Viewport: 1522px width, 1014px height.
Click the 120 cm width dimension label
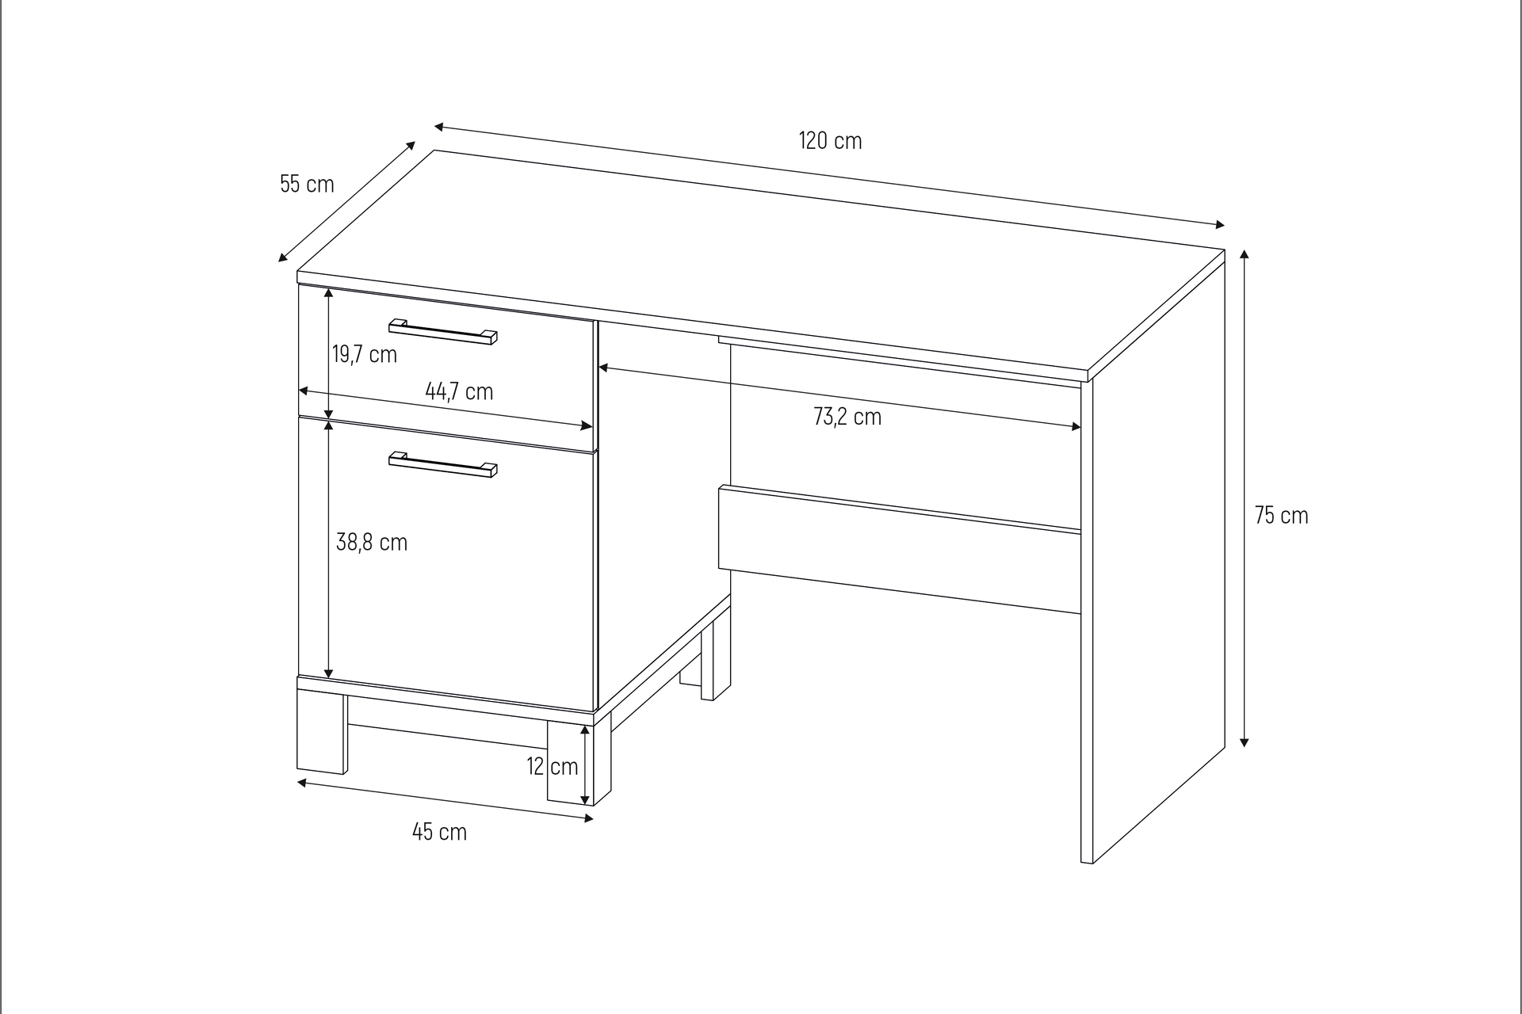(830, 141)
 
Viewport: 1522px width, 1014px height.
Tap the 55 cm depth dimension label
(307, 184)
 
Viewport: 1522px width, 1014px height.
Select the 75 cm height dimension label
(1281, 516)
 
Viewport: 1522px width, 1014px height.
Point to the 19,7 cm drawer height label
(364, 354)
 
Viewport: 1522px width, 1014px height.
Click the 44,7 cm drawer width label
(459, 391)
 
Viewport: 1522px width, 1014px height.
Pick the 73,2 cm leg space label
(847, 417)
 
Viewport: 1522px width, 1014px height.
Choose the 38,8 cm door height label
(372, 543)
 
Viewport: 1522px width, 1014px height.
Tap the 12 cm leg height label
(553, 766)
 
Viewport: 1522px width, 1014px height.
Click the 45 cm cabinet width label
(439, 832)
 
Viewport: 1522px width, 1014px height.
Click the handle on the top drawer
(443, 331)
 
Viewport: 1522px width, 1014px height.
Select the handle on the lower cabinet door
(443, 464)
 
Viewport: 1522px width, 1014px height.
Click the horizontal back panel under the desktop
(900, 550)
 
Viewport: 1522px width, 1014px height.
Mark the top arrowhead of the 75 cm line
(1244, 255)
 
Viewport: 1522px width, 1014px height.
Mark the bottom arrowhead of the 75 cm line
(1244, 741)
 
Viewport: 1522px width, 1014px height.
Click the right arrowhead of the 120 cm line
(1219, 225)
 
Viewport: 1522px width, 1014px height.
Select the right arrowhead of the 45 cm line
(587, 818)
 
